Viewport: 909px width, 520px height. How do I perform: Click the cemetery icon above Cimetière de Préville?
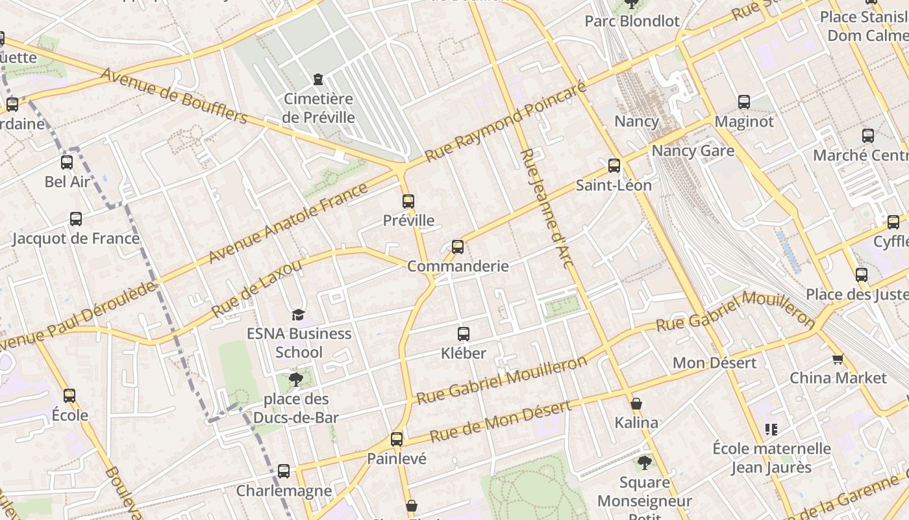coord(318,79)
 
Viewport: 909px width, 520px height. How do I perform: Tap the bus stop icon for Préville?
coord(408,201)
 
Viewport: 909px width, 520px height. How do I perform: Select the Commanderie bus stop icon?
coord(458,247)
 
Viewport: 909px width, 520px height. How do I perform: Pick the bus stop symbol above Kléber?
coord(463,334)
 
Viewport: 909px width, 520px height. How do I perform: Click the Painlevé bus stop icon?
coord(397,439)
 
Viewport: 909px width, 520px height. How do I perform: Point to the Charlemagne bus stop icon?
coord(284,471)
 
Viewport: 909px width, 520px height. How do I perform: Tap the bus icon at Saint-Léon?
coord(614,166)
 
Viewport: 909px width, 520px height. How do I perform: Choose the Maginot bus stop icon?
coord(744,102)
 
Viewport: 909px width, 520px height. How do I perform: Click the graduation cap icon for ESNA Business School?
coord(298,315)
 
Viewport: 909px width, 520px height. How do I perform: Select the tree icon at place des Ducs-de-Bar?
coord(296,379)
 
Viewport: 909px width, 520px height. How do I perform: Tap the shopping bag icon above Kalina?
coord(636,404)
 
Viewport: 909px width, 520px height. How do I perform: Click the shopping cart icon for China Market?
coord(838,359)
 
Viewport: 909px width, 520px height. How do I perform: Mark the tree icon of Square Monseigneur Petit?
coord(644,463)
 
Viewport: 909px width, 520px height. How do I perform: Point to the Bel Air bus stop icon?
coord(67,162)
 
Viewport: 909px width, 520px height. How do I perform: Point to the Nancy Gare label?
coord(693,151)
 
